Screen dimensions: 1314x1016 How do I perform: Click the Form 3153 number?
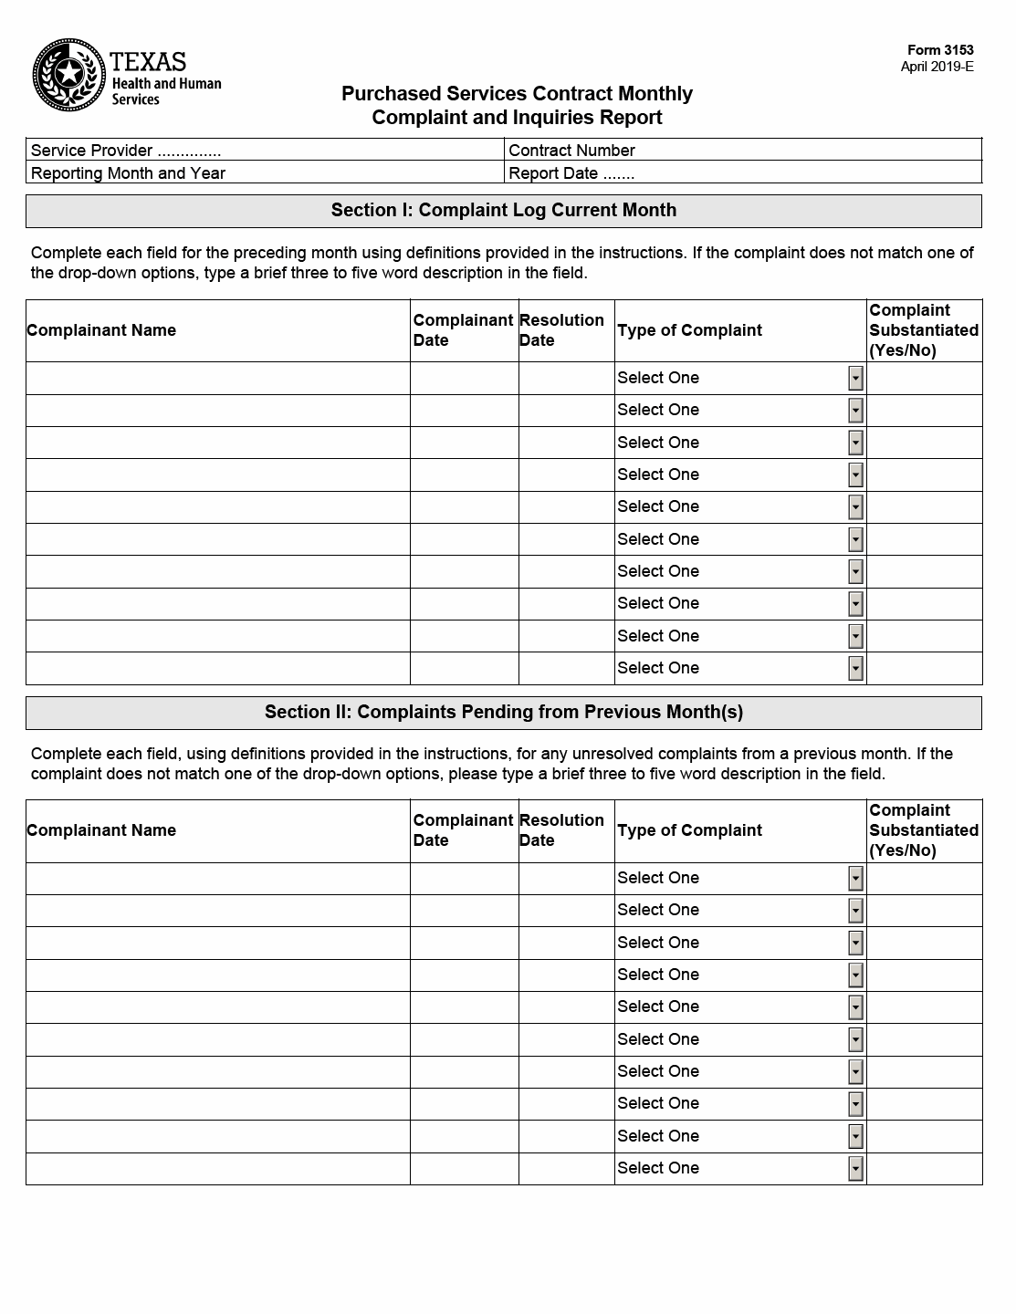click(940, 51)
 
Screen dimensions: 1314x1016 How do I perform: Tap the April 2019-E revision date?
click(937, 67)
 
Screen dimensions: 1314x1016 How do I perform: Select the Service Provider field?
click(265, 151)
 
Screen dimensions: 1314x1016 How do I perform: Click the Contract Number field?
click(743, 151)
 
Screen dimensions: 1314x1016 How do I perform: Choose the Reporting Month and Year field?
click(265, 173)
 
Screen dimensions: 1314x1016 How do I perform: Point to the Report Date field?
click(743, 173)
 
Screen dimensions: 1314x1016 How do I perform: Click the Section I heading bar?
click(504, 211)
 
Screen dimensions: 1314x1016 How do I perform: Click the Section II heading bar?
click(504, 713)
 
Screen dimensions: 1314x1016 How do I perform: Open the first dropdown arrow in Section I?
click(855, 379)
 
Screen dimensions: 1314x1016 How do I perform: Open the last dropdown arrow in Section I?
click(855, 669)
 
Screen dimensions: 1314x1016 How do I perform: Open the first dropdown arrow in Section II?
click(855, 879)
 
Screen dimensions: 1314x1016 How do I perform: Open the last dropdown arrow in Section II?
click(855, 1169)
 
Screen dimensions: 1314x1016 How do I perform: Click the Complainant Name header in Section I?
click(101, 330)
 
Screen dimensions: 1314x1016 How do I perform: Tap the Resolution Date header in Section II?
click(561, 830)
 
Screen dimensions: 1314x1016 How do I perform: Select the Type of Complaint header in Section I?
click(689, 330)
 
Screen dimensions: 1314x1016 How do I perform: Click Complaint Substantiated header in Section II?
click(923, 830)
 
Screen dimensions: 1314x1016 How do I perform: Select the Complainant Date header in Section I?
click(463, 330)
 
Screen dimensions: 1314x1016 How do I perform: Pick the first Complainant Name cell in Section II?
click(217, 879)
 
